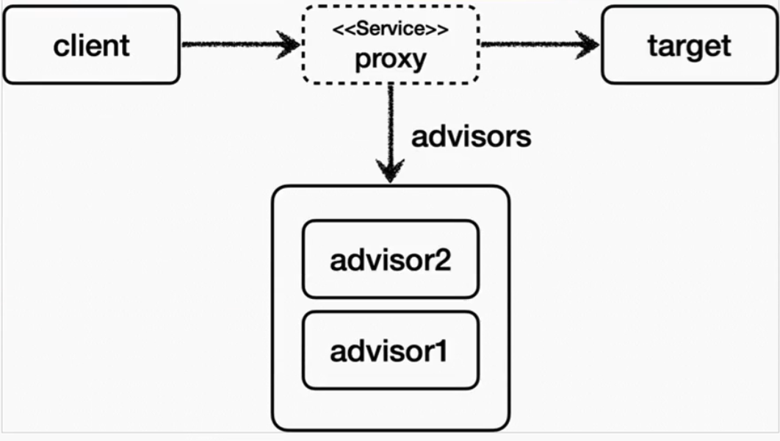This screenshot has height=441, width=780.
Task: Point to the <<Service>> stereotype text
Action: click(x=389, y=30)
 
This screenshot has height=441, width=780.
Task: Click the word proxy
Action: click(x=390, y=59)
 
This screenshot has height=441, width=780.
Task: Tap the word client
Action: click(x=91, y=46)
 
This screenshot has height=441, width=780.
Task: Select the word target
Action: click(x=689, y=46)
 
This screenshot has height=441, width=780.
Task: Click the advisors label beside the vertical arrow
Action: click(x=470, y=137)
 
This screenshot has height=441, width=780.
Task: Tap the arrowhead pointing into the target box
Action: click(x=588, y=45)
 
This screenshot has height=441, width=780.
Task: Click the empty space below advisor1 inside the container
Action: click(x=390, y=409)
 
